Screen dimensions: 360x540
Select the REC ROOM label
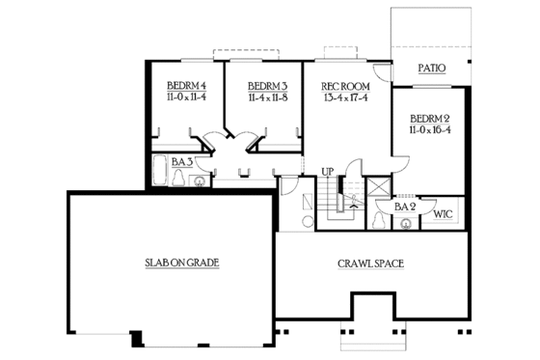pyautogui.click(x=339, y=84)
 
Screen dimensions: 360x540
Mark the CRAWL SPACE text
pyautogui.click(x=369, y=263)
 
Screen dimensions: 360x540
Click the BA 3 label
pyautogui.click(x=183, y=163)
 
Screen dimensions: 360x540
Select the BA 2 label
pyautogui.click(x=405, y=205)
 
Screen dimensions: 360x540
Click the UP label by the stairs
pyautogui.click(x=328, y=172)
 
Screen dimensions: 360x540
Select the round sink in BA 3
pyautogui.click(x=200, y=180)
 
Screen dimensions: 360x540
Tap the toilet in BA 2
pyautogui.click(x=380, y=219)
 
